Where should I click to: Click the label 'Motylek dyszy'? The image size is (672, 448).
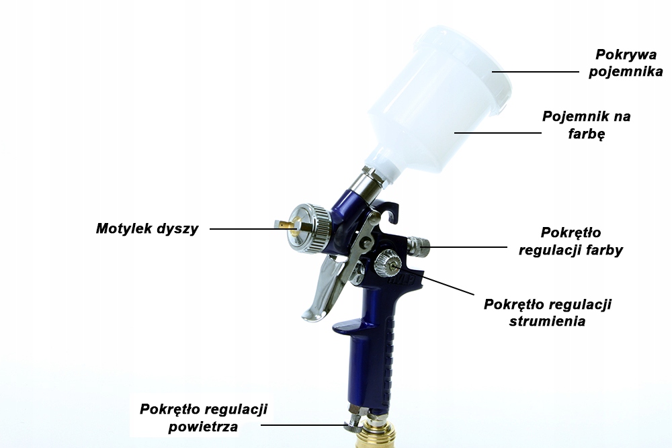tap(147, 229)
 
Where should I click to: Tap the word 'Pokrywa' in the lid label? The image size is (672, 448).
tap(626, 54)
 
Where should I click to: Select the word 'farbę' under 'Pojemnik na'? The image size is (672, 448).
tap(586, 134)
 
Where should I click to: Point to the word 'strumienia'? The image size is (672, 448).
tap(547, 321)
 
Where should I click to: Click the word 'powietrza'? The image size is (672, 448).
tap(203, 427)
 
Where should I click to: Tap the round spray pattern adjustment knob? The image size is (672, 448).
tap(388, 263)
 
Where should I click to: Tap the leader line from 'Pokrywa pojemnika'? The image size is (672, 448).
tap(536, 72)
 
